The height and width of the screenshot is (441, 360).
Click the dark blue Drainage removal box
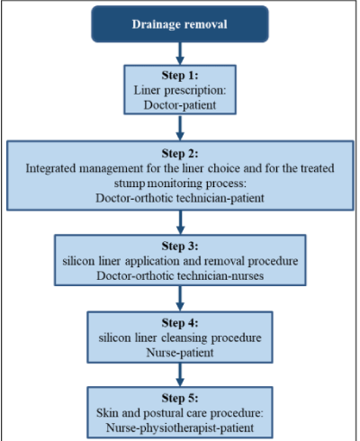point(180,24)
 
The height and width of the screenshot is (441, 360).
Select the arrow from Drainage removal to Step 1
point(180,53)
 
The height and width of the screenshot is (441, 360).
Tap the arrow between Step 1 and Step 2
point(180,128)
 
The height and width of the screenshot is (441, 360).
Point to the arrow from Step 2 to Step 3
point(180,222)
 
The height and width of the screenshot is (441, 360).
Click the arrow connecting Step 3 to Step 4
point(180,299)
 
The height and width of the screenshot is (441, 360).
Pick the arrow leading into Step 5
point(180,374)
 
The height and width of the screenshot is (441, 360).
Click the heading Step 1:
point(180,75)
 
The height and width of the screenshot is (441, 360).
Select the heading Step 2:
point(180,153)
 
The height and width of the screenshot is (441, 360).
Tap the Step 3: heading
point(180,246)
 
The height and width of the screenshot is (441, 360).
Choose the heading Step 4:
point(180,323)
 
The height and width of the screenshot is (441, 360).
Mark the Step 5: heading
point(180,398)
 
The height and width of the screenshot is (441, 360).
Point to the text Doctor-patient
point(180,105)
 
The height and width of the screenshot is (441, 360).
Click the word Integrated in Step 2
point(50,168)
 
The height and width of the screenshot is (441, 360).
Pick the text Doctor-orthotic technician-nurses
point(180,275)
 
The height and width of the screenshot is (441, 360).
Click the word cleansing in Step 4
point(184,338)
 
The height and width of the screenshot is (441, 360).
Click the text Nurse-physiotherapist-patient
point(180,427)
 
